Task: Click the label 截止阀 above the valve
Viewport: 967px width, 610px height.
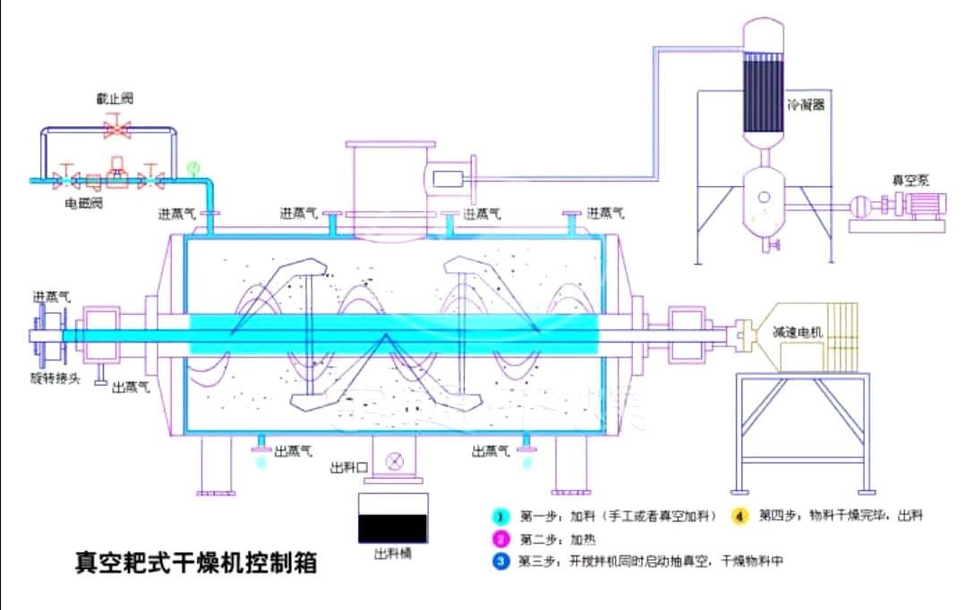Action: [x=115, y=97]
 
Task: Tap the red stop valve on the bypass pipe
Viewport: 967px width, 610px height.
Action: [x=116, y=130]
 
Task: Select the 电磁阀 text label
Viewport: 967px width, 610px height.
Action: [x=83, y=203]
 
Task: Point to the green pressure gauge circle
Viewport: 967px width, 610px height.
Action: [x=191, y=166]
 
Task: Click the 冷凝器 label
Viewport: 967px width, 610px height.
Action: [x=806, y=104]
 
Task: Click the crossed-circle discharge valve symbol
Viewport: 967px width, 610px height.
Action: [x=392, y=462]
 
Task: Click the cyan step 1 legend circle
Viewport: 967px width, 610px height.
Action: [x=502, y=516]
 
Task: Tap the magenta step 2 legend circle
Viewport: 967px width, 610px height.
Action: [x=502, y=539]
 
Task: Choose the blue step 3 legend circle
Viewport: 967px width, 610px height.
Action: [x=502, y=562]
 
